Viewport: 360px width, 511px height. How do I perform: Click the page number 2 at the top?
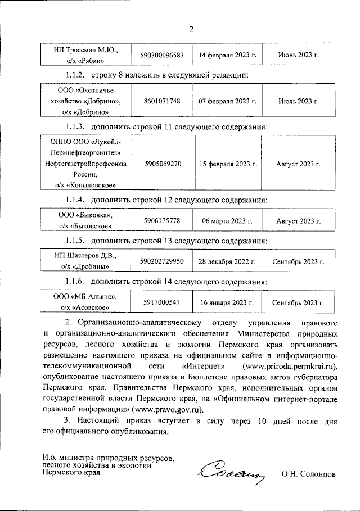pyautogui.click(x=191, y=30)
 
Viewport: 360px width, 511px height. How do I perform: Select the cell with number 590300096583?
pyautogui.click(x=161, y=55)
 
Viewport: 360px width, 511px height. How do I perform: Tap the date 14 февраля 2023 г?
pyautogui.click(x=228, y=55)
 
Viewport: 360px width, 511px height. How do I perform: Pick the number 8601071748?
pyautogui.click(x=162, y=101)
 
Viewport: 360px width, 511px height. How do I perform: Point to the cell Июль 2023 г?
pyautogui.click(x=298, y=101)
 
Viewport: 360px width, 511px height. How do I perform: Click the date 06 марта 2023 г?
pyautogui.click(x=228, y=221)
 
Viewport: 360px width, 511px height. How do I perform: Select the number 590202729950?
pyautogui.click(x=161, y=261)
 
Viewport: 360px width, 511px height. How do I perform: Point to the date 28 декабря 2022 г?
pyautogui.click(x=227, y=261)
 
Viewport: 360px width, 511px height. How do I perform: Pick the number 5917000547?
pyautogui.click(x=162, y=302)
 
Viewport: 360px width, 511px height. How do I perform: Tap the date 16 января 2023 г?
pyautogui.click(x=228, y=302)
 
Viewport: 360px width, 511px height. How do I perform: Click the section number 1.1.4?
pyautogui.click(x=75, y=200)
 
